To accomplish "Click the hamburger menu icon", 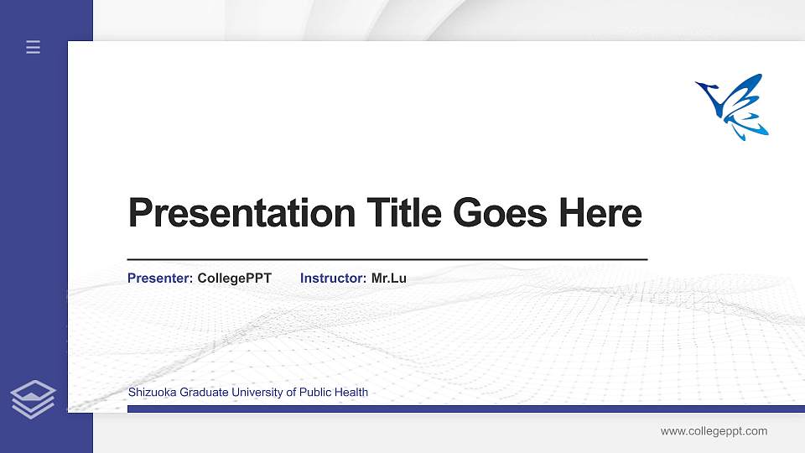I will pyautogui.click(x=34, y=48).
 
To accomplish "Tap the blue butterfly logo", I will pyautogui.click(x=733, y=106).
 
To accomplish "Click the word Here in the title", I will pyautogui.click(x=600, y=213).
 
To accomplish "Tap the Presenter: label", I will pyautogui.click(x=160, y=278).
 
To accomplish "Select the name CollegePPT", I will pyautogui.click(x=235, y=278).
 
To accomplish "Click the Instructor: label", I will pyautogui.click(x=333, y=278).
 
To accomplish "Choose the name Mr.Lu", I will pyautogui.click(x=389, y=278).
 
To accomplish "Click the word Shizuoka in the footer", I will pyautogui.click(x=151, y=392).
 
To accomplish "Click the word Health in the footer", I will pyautogui.click(x=352, y=392).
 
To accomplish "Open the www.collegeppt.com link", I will pyautogui.click(x=714, y=431).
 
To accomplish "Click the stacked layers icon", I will pyautogui.click(x=34, y=398).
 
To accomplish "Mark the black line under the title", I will pyautogui.click(x=387, y=260).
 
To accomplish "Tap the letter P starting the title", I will pyautogui.click(x=139, y=213).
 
